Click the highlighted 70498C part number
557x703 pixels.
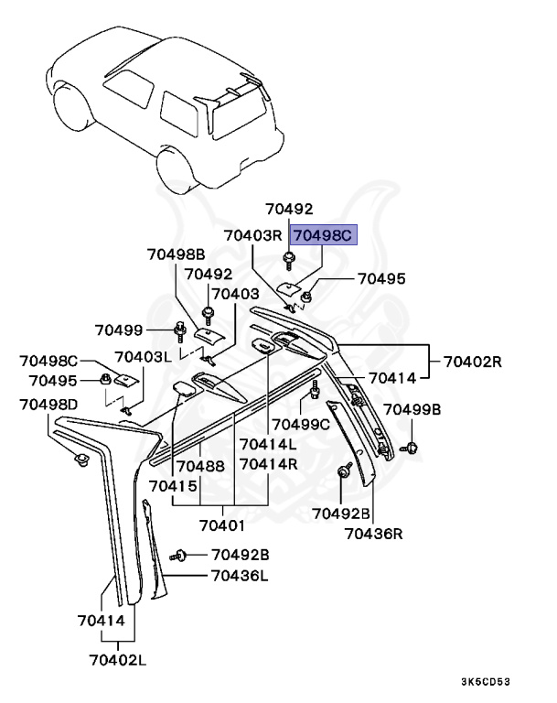point(322,235)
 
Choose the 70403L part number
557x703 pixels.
point(143,357)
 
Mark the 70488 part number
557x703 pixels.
point(200,466)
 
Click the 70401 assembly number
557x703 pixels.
point(223,526)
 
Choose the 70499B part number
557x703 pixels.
point(412,409)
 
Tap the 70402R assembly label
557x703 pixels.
point(474,362)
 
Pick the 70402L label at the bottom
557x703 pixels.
point(119,658)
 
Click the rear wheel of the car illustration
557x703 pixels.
point(177,168)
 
